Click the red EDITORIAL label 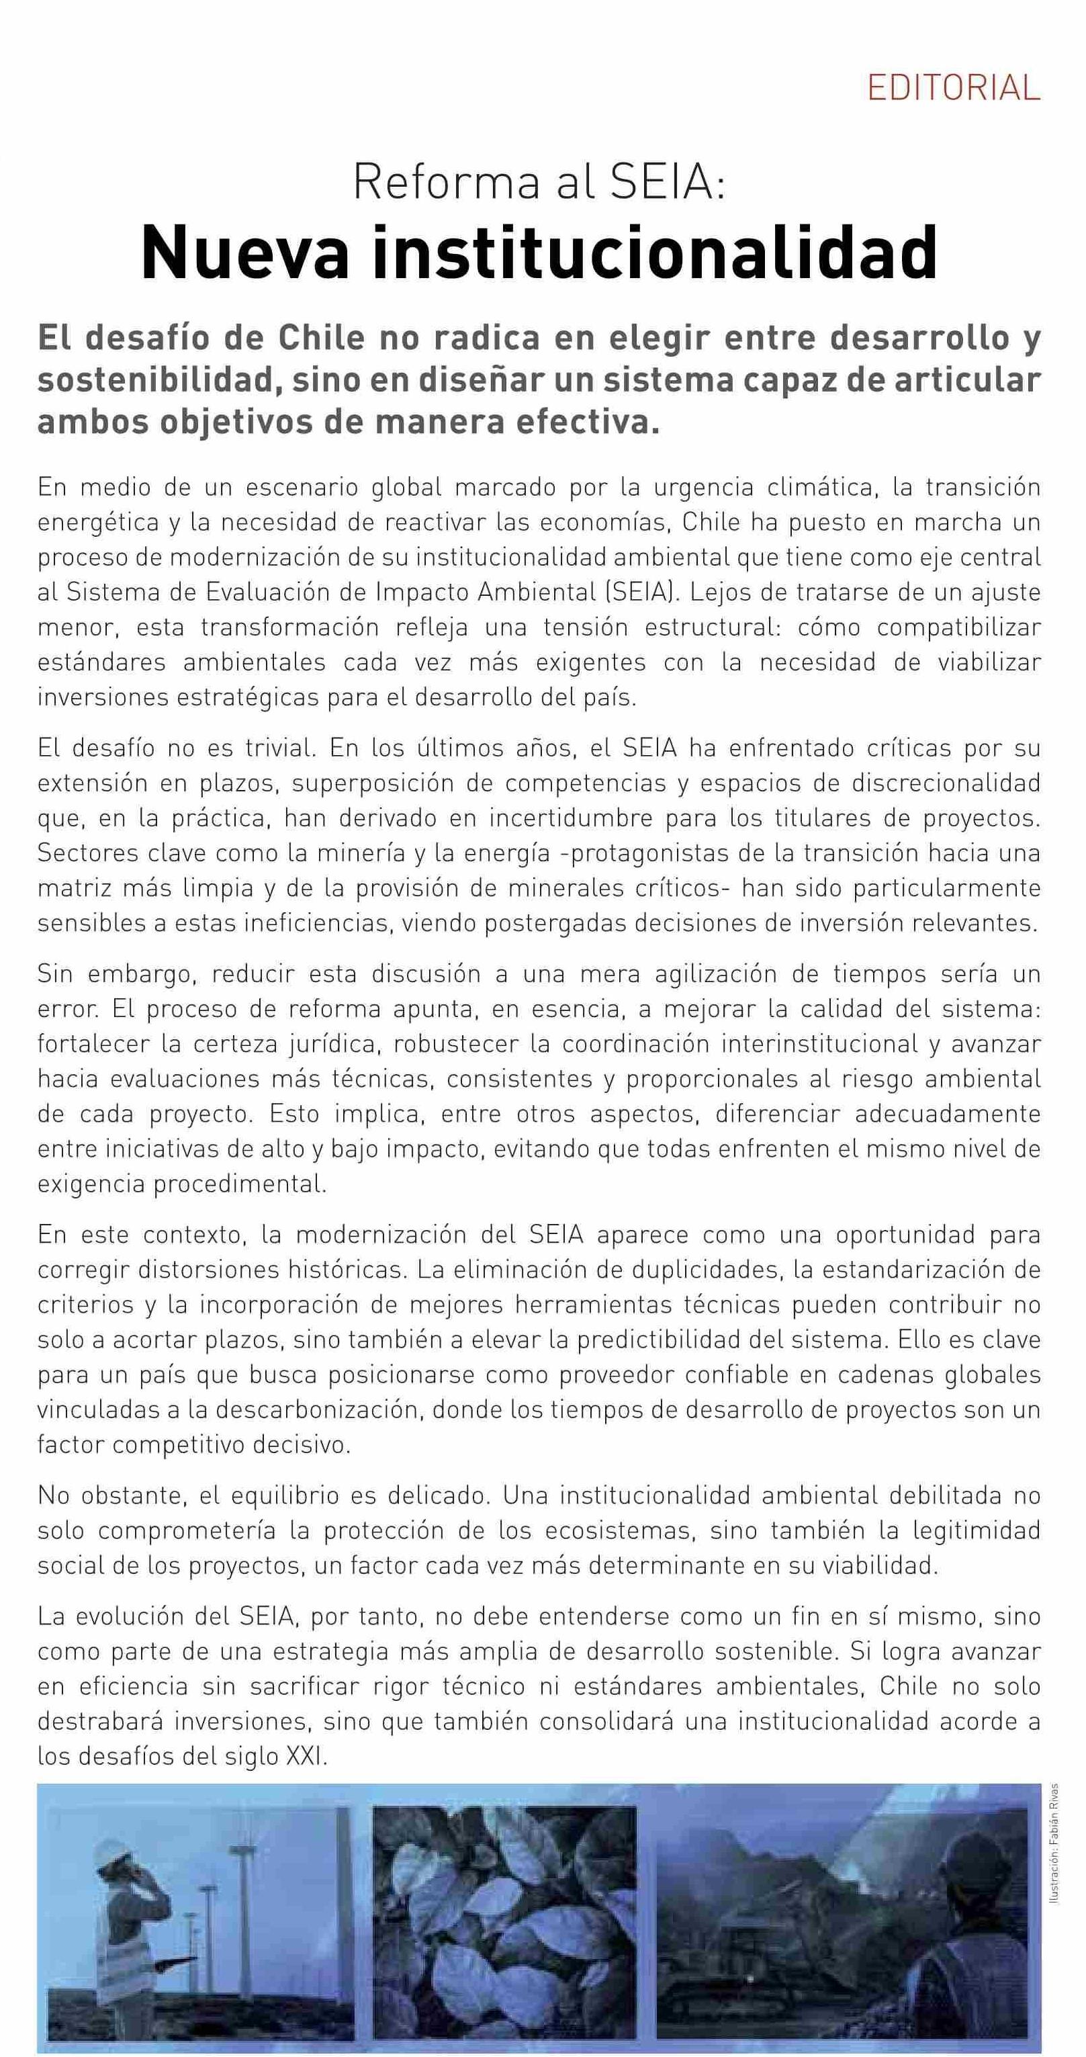[x=954, y=87]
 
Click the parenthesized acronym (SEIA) [x=639, y=592]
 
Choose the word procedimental [x=240, y=1184]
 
